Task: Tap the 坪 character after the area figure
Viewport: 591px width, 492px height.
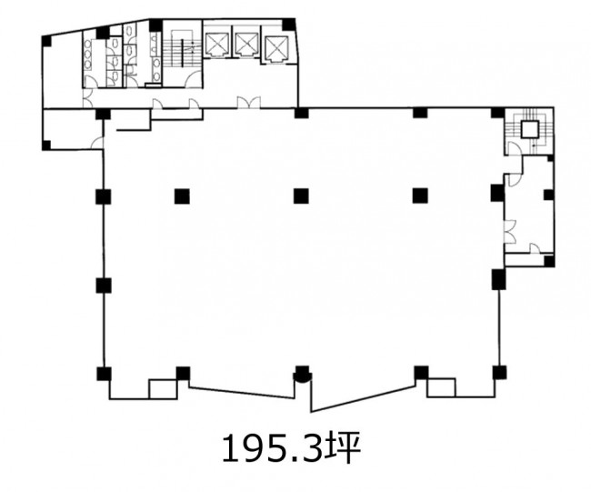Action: [x=343, y=448]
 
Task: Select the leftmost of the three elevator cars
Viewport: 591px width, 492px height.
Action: [x=216, y=45]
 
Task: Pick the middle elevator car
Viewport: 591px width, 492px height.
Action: [x=245, y=45]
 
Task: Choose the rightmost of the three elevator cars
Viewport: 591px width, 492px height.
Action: [x=275, y=48]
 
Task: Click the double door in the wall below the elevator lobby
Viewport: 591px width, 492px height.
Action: [x=248, y=103]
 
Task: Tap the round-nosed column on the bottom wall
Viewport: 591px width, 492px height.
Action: [x=302, y=374]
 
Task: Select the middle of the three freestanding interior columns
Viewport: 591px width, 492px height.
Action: [x=301, y=196]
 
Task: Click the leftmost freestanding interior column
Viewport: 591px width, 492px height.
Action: [x=182, y=196]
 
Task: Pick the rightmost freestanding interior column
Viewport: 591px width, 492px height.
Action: [x=420, y=196]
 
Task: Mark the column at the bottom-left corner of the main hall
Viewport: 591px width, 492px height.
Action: [x=104, y=373]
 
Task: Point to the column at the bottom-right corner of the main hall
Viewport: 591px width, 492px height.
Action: [x=499, y=373]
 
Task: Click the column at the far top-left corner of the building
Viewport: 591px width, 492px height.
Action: [x=46, y=41]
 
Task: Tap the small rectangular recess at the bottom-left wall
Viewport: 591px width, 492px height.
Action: [x=163, y=388]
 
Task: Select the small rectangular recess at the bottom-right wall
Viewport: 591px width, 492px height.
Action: [x=441, y=387]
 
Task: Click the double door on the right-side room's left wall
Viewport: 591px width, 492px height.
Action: [x=509, y=231]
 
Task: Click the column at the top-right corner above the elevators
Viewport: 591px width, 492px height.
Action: [x=288, y=25]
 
